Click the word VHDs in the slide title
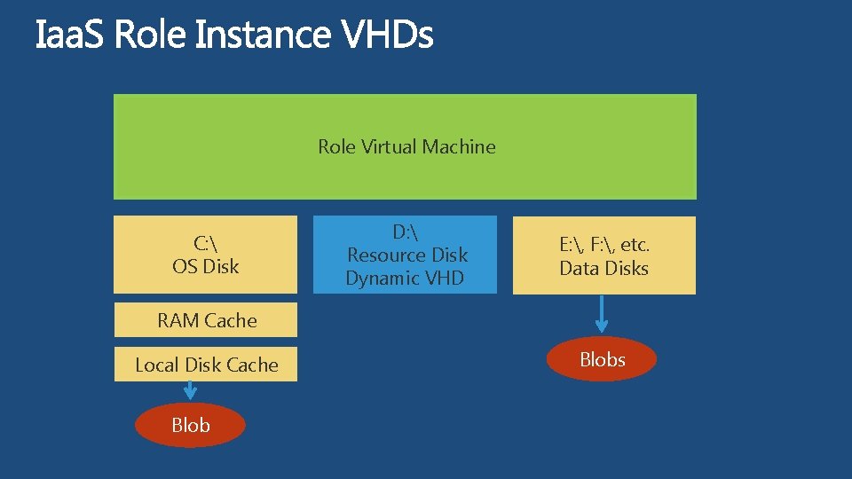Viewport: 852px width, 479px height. (x=387, y=35)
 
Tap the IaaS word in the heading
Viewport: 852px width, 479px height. (x=71, y=35)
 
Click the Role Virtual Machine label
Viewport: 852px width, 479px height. (x=406, y=146)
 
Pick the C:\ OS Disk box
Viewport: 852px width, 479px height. (x=205, y=255)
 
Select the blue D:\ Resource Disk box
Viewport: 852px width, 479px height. (x=405, y=255)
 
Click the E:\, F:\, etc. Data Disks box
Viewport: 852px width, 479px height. (x=603, y=255)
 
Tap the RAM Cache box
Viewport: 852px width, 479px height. (x=206, y=320)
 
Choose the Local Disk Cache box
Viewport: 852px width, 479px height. (x=206, y=365)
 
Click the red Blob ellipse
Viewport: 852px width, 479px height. (x=190, y=425)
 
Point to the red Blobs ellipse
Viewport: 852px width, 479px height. (x=602, y=359)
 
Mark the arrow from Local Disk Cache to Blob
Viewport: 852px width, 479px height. (x=190, y=390)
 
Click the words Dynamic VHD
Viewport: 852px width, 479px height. (x=405, y=279)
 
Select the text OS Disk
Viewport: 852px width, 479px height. (x=205, y=266)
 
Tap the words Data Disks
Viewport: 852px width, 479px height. (x=603, y=268)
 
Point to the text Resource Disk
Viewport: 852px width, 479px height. (x=406, y=255)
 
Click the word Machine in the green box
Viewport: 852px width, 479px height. (x=459, y=146)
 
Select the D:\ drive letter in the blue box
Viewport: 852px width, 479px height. (x=406, y=232)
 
